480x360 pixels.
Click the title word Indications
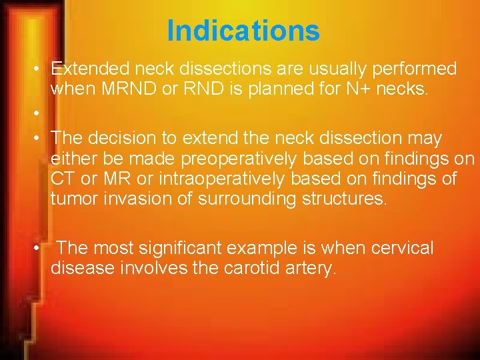coord(243,31)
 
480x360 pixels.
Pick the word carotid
coord(243,269)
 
